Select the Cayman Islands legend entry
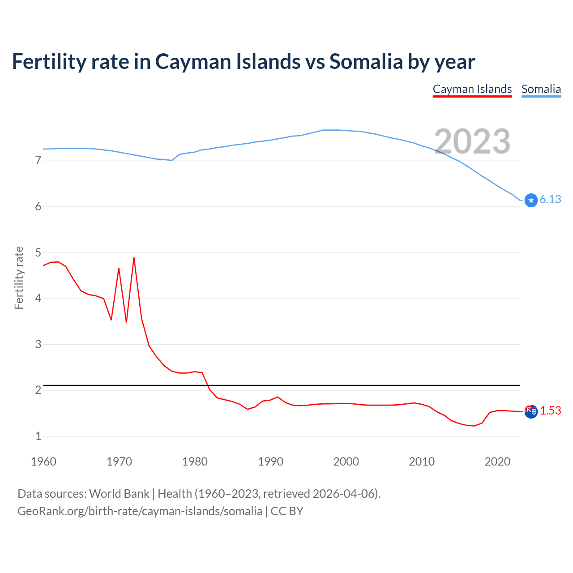472,89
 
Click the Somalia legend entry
541,89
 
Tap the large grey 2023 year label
472,141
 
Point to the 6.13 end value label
550,200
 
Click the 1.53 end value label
550,411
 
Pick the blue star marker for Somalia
531,200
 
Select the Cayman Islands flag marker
531,411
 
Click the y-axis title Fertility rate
19,278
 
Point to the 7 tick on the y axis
38,160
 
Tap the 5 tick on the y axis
38,252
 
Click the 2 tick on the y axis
38,390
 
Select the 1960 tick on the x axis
43,462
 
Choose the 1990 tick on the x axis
270,462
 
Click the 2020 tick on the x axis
497,462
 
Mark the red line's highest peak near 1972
134,258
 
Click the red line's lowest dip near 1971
126,322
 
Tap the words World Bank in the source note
119,494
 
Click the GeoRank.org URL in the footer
140,511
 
